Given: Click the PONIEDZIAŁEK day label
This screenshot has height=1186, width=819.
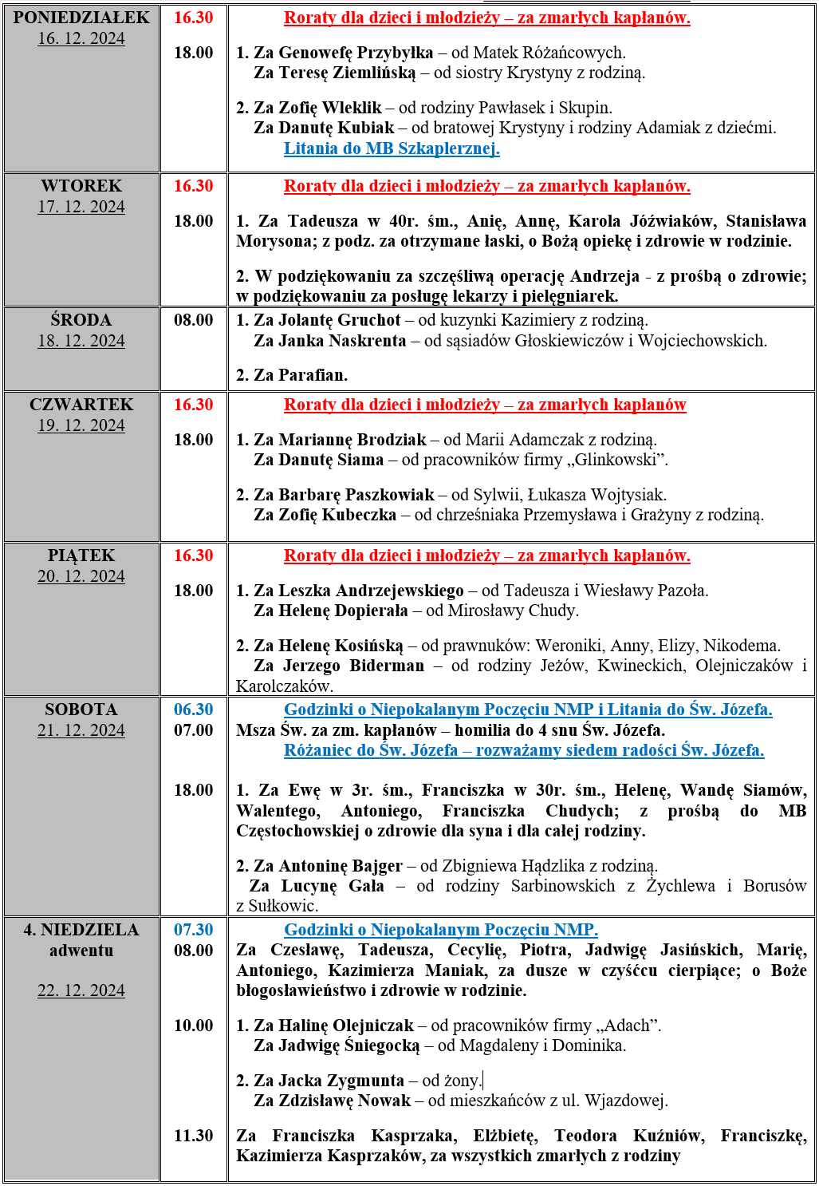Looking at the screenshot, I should [81, 18].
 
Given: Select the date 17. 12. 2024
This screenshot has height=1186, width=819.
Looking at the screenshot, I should [81, 207].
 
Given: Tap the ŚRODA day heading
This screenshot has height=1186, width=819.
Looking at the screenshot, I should [81, 320].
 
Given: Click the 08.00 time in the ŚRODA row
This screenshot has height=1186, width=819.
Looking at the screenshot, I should [194, 320].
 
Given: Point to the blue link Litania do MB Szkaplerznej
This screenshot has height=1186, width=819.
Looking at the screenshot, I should [392, 148].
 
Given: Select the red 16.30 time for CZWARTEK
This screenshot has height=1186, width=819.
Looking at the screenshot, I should [194, 405].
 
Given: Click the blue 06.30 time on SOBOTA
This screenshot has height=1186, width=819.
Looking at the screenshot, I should [194, 710].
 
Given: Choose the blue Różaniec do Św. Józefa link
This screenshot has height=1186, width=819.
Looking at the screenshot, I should [524, 750].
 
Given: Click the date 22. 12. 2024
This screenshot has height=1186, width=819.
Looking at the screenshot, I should [81, 990].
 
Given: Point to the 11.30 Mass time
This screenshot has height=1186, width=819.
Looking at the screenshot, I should [194, 1136].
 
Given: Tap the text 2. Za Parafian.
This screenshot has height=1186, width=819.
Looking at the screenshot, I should [292, 375].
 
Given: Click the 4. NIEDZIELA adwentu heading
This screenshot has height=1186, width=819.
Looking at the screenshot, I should [81, 940].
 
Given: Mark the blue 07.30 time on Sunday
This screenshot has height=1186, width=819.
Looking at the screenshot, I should [194, 930].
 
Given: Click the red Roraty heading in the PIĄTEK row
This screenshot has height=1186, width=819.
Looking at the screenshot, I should [486, 555].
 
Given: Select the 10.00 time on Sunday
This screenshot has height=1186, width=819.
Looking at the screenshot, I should [194, 1026].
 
